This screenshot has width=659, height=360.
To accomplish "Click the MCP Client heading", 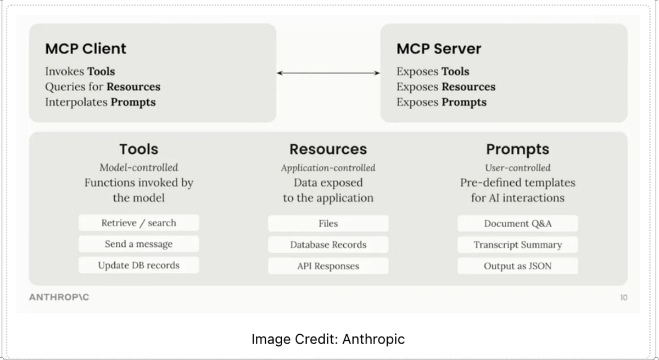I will pyautogui.click(x=86, y=48).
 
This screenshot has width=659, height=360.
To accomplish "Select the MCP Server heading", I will pyautogui.click(x=439, y=48).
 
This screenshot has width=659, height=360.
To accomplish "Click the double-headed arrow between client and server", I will pyautogui.click(x=328, y=72).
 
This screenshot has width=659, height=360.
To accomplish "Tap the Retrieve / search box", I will pyautogui.click(x=138, y=223).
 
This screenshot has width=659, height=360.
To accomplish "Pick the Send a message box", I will pyautogui.click(x=138, y=244).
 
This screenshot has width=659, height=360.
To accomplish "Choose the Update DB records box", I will pyautogui.click(x=138, y=266).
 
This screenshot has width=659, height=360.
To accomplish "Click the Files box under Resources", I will pyautogui.click(x=328, y=223).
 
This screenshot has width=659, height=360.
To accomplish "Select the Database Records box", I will pyautogui.click(x=328, y=245).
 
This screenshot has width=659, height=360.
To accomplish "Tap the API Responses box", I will pyautogui.click(x=328, y=266).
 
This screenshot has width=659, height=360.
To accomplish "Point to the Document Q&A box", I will pyautogui.click(x=517, y=223).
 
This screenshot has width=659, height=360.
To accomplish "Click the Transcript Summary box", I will pyautogui.click(x=517, y=245).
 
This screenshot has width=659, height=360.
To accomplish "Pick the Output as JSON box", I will pyautogui.click(x=517, y=266).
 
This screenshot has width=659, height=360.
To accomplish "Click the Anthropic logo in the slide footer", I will pyautogui.click(x=59, y=297).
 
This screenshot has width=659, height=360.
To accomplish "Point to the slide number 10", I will pyautogui.click(x=623, y=297).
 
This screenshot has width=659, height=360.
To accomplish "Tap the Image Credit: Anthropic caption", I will pyautogui.click(x=328, y=339).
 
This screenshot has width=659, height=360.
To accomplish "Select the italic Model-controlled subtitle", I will pyautogui.click(x=138, y=167).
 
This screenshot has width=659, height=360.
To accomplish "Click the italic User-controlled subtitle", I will pyautogui.click(x=517, y=167).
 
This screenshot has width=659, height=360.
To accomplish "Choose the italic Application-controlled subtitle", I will pyautogui.click(x=328, y=167).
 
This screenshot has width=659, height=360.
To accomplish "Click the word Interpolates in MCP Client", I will pyautogui.click(x=76, y=102).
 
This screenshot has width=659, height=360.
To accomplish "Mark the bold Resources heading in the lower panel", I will pyautogui.click(x=328, y=149).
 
